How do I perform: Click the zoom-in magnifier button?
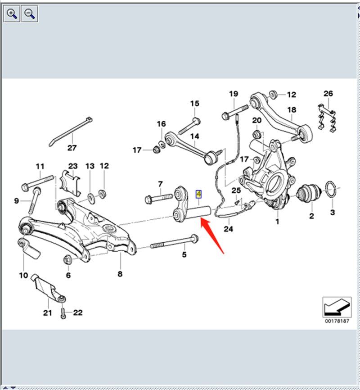pos(12,14)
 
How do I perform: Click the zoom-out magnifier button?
pos(30,14)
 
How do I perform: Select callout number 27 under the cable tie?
pos(72,148)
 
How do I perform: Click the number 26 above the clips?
pos(328,94)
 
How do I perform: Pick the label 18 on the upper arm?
pos(292,109)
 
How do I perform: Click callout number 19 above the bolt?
pos(234,94)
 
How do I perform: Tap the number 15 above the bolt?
pos(194,104)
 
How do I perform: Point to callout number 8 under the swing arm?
pos(120,274)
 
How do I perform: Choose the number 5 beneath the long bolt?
pos(184,255)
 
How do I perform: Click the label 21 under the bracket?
pos(48,313)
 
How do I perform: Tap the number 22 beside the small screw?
pos(78,313)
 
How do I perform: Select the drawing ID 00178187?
pos(337,321)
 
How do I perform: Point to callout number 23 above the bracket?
pos(73,166)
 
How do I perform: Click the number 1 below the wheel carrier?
pos(277,221)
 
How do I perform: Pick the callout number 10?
pos(23,275)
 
